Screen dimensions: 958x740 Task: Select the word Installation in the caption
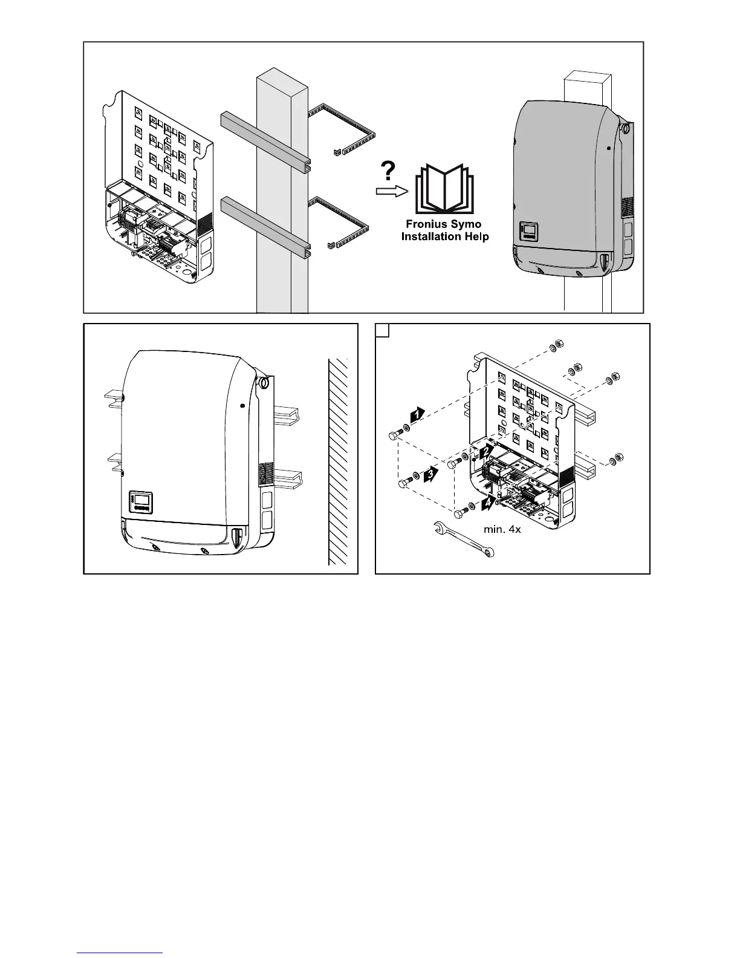(431, 236)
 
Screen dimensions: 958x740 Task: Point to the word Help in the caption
(476, 236)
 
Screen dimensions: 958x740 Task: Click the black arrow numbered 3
(430, 475)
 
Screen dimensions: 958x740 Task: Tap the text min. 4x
(502, 529)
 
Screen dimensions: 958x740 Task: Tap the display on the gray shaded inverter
(528, 233)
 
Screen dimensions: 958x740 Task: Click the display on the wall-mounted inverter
(140, 501)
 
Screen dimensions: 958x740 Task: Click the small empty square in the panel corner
(381, 330)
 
